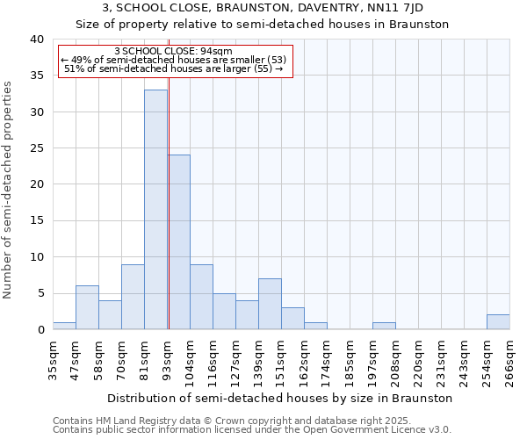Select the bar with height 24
click(x=179, y=241)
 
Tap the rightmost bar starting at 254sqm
click(x=498, y=321)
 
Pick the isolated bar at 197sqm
click(x=384, y=326)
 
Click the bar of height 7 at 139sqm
click(x=270, y=304)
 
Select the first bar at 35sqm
click(x=64, y=326)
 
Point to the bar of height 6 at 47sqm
click(x=87, y=307)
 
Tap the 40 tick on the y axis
click(x=36, y=40)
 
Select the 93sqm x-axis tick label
click(x=167, y=356)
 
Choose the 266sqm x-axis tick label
click(x=509, y=356)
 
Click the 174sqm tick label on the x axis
click(x=327, y=356)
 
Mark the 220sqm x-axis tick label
click(x=418, y=356)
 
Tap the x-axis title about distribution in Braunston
click(x=280, y=398)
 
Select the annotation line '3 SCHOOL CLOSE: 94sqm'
click(x=173, y=51)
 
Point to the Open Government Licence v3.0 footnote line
click(x=252, y=429)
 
